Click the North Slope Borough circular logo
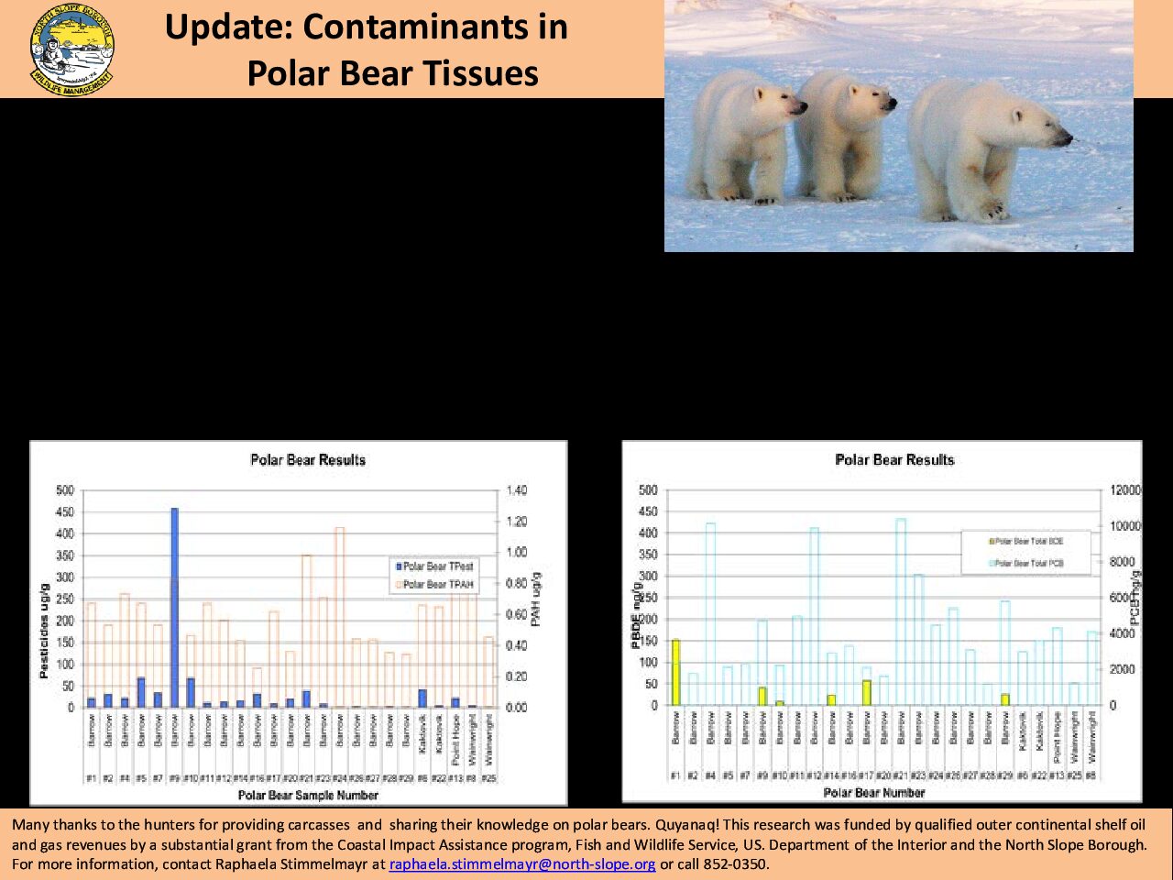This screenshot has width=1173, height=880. coord(72,49)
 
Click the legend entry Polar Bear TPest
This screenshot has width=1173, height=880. coord(437,566)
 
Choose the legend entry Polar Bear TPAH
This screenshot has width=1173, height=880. coord(437,584)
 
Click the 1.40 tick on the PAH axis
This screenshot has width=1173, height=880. coord(517,491)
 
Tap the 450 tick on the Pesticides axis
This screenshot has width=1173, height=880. coord(64,512)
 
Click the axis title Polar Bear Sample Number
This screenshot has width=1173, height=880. coord(308,795)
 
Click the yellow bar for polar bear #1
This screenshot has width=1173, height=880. coord(675,672)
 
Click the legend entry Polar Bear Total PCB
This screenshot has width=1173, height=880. coord(1028,564)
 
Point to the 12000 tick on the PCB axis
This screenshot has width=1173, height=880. coord(1125,491)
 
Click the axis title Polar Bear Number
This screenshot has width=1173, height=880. coord(873,793)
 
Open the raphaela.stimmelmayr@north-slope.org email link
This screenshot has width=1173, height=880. coord(521,864)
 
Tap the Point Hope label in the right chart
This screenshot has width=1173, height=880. coord(1057,739)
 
